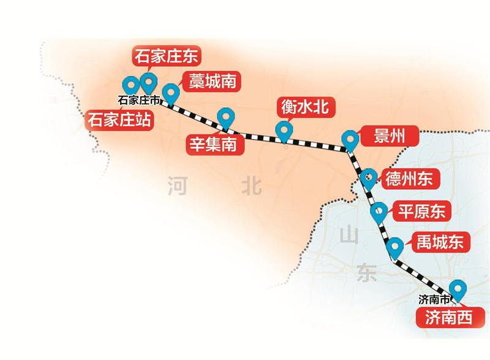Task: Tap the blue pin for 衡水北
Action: [x=283, y=130]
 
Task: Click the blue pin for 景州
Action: [x=350, y=139]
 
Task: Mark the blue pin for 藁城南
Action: [x=171, y=92]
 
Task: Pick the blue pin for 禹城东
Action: [x=396, y=246]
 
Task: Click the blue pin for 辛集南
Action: [x=225, y=116]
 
